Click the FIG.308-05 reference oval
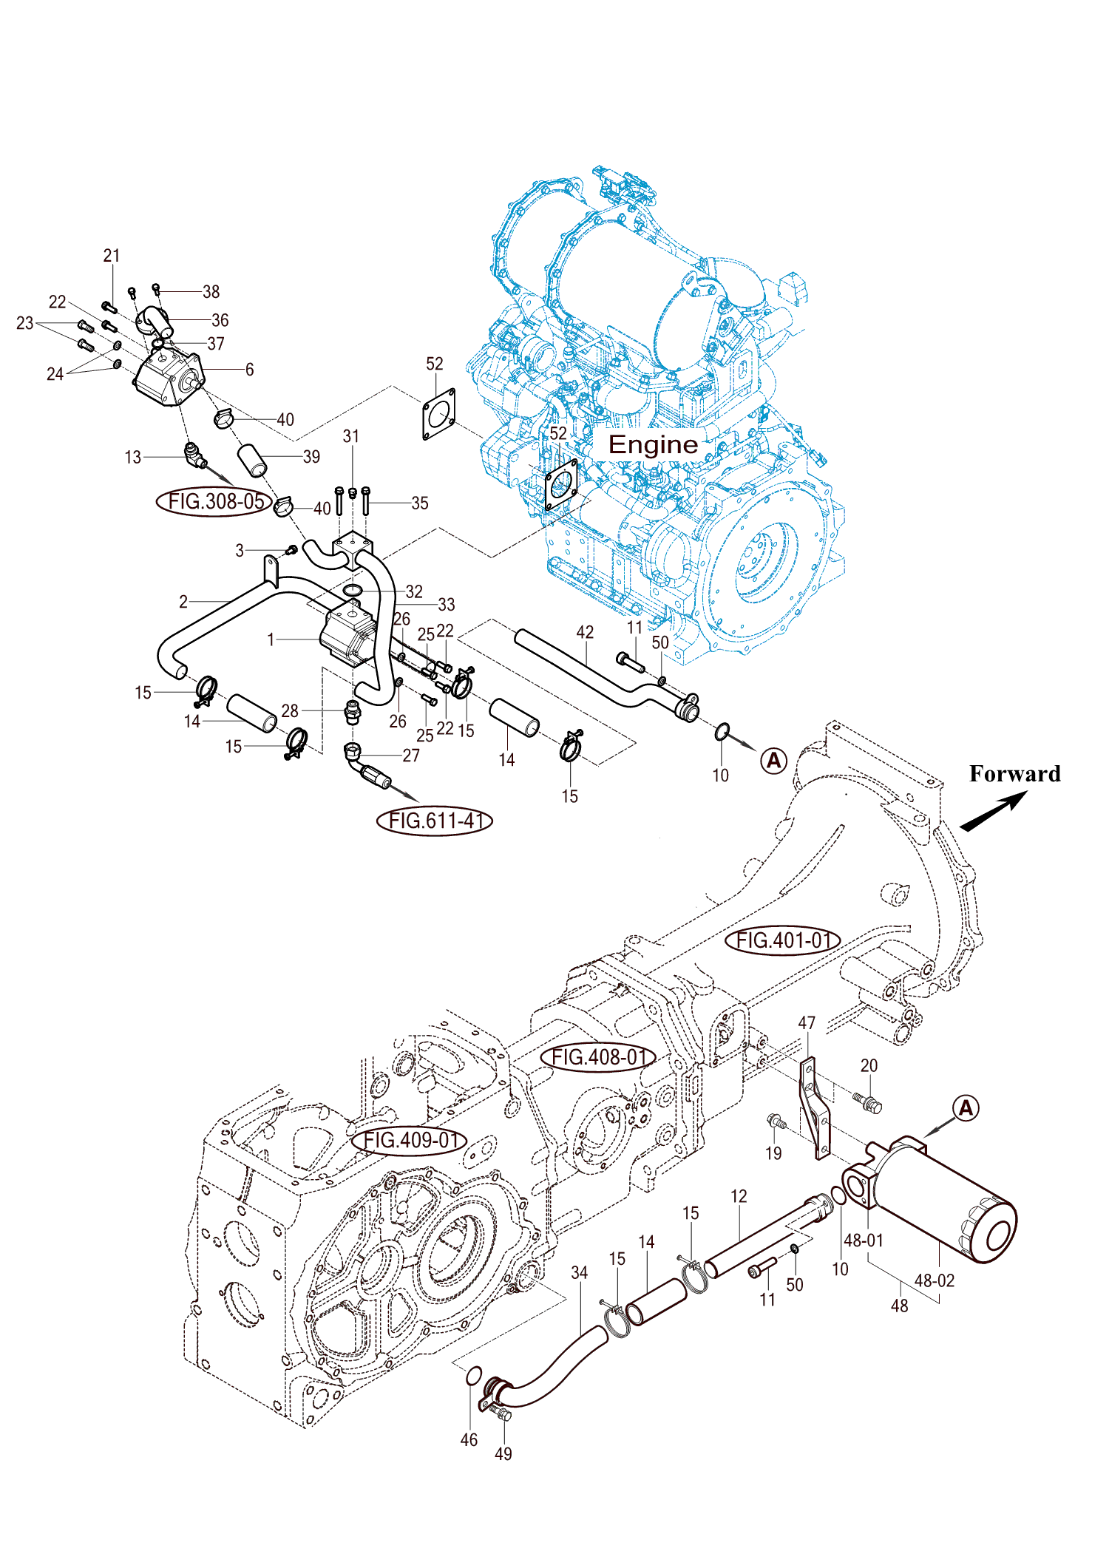click(215, 501)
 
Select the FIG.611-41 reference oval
click(435, 821)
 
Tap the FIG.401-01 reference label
click(783, 940)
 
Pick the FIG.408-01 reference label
click(598, 1057)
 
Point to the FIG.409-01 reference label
click(410, 1140)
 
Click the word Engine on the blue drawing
click(653, 444)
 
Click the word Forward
click(1014, 774)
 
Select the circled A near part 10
click(774, 760)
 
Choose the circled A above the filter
click(966, 1108)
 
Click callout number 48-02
click(935, 1280)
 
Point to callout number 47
click(807, 1023)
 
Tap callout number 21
click(112, 256)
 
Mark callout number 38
click(211, 292)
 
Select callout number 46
click(469, 1440)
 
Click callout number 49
click(503, 1454)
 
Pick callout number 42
click(585, 632)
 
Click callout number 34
click(580, 1273)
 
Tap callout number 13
click(133, 458)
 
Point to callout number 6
click(250, 370)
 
